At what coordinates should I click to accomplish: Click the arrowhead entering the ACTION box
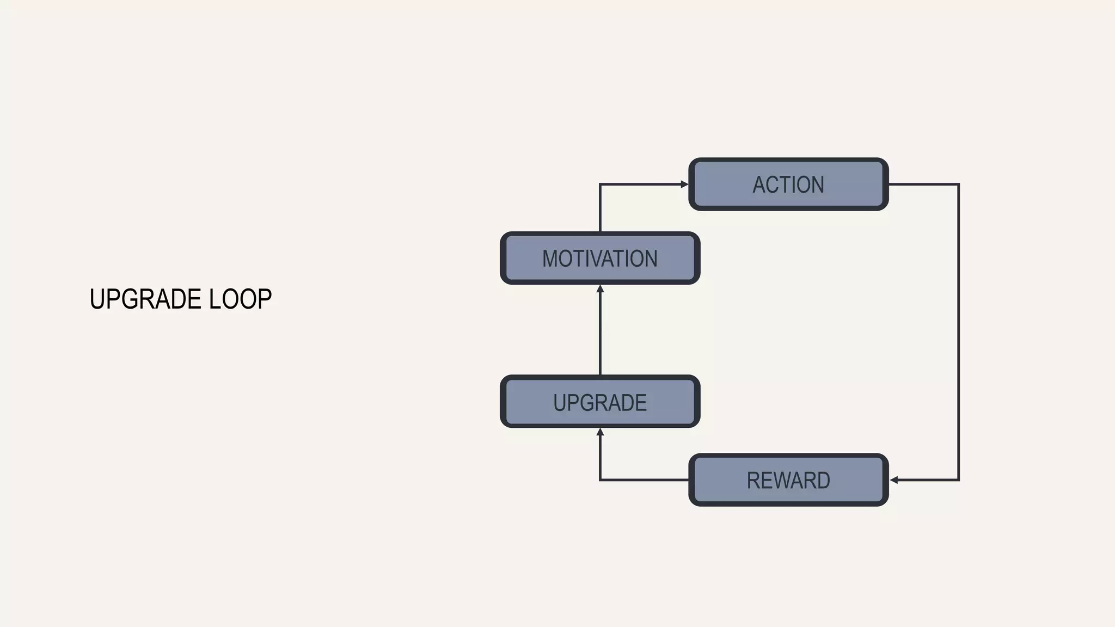point(684,185)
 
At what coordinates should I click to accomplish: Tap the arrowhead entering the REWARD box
point(894,480)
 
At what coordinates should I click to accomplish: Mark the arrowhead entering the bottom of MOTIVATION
point(600,289)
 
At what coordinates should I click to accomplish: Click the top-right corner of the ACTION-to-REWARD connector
point(958,185)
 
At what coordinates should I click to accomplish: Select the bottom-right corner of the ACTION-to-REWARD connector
point(958,480)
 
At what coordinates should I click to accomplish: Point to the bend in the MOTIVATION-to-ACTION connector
point(600,185)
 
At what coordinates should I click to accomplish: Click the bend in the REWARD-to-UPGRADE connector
point(600,480)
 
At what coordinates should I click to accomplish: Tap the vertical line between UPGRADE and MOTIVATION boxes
point(600,332)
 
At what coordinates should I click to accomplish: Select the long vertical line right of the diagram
point(958,332)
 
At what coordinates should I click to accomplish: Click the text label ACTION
point(788,185)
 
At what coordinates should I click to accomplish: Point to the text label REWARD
point(788,480)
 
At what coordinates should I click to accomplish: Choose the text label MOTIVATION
point(600,259)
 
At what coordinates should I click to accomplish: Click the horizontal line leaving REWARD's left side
point(645,480)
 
